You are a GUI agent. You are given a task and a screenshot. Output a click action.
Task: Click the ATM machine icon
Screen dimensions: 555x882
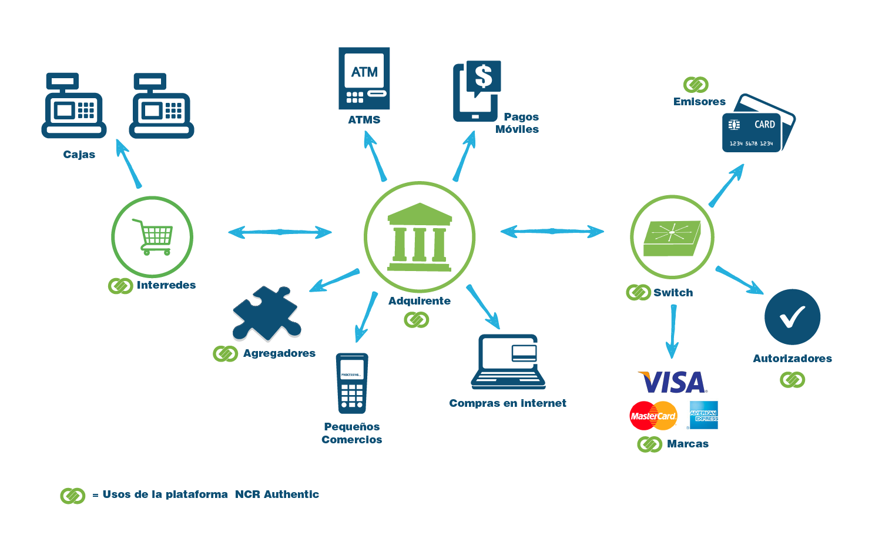click(x=364, y=78)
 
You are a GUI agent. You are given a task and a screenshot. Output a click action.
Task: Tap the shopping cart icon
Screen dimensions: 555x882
click(x=153, y=236)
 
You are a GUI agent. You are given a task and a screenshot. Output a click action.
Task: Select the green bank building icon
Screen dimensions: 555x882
click(x=420, y=237)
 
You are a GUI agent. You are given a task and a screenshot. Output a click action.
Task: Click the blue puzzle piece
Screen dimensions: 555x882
click(x=266, y=313)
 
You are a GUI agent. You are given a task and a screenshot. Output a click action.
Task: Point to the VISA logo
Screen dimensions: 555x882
click(x=673, y=382)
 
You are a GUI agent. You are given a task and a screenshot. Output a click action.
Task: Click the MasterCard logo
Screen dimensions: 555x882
click(x=653, y=416)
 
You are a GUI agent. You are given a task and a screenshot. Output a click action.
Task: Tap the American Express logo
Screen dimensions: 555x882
click(x=703, y=415)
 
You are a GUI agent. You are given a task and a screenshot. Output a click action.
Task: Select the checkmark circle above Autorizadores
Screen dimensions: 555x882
click(x=792, y=317)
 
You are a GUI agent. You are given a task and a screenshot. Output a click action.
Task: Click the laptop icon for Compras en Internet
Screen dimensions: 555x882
click(x=508, y=362)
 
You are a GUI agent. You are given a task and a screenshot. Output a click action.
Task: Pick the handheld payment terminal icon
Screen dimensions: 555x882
click(x=351, y=383)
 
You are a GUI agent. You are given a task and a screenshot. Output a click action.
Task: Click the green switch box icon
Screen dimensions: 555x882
click(x=672, y=238)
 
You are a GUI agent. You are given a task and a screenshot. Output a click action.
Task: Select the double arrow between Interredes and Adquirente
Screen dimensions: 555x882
click(x=280, y=232)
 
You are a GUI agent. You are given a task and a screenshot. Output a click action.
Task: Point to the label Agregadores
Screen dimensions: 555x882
click(x=279, y=353)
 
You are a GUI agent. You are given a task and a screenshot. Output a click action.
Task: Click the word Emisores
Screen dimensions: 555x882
click(x=699, y=102)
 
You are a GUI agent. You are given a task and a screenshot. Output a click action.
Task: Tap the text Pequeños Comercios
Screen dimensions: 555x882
click(x=351, y=433)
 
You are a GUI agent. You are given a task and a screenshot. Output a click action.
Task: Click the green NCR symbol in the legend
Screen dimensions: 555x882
click(x=73, y=496)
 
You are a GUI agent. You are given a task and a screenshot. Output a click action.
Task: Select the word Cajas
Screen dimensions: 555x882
click(x=79, y=155)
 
